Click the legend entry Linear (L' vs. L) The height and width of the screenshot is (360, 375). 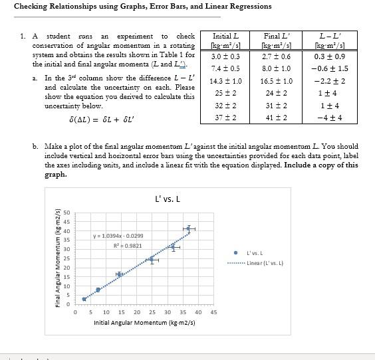pos(265,263)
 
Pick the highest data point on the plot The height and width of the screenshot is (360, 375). pos(189,228)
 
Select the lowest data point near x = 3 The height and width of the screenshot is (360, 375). pos(84,299)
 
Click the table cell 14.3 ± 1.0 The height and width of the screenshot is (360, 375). pos(225,81)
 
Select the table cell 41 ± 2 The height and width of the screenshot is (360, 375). pos(277,117)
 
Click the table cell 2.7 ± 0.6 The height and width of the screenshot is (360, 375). pos(277,56)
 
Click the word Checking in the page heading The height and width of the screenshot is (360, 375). pos(34,7)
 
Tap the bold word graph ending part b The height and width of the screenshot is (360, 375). pos(55,175)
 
